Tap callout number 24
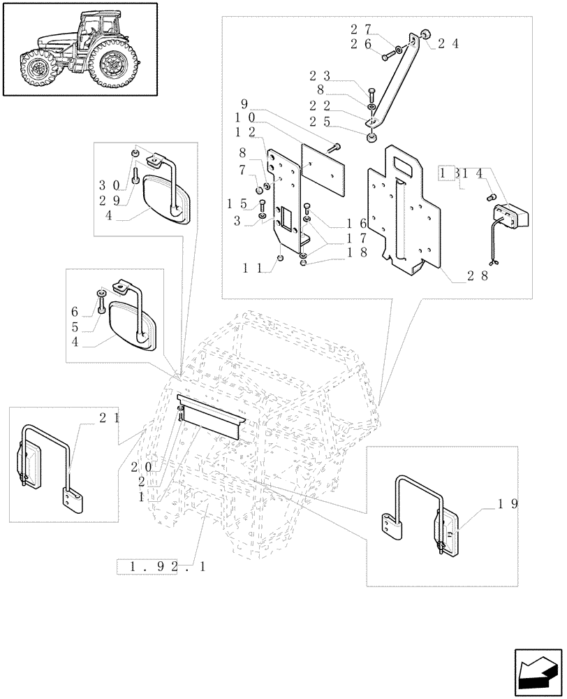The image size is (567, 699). click(446, 43)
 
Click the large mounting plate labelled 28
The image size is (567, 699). click(405, 210)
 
